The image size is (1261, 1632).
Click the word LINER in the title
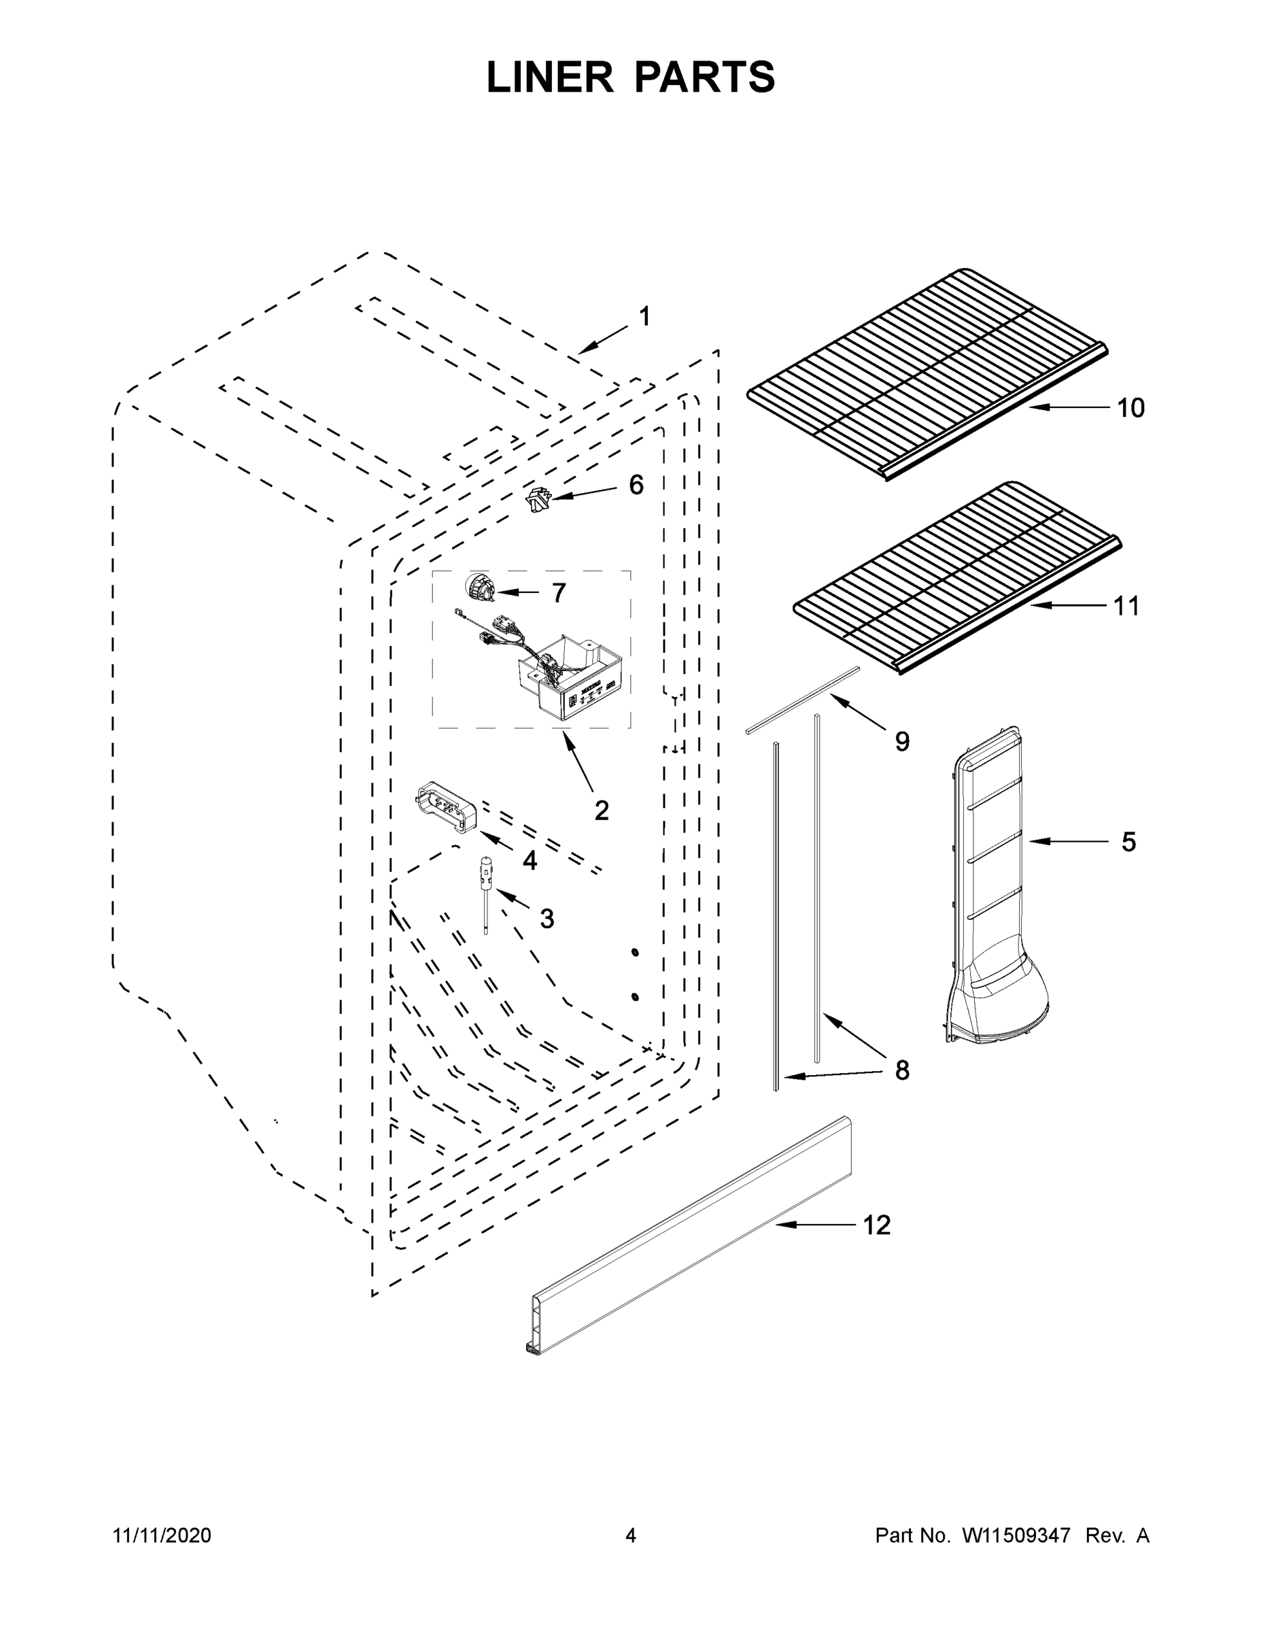550,78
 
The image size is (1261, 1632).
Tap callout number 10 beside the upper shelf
1130,408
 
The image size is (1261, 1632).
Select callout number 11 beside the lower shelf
1126,606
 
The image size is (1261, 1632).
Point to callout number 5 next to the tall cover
1128,842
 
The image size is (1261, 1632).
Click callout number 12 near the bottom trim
877,1225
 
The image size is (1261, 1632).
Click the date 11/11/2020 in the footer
162,1535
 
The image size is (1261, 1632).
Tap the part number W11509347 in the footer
1016,1535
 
